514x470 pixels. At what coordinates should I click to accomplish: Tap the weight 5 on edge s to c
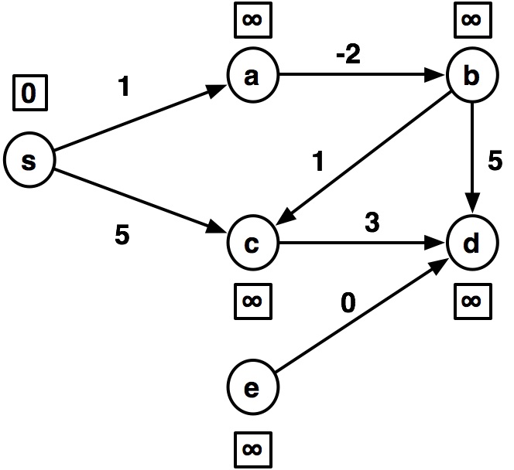point(122,234)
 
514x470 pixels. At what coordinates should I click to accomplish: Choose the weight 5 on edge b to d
point(496,162)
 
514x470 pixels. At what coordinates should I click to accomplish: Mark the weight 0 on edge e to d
point(348,303)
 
